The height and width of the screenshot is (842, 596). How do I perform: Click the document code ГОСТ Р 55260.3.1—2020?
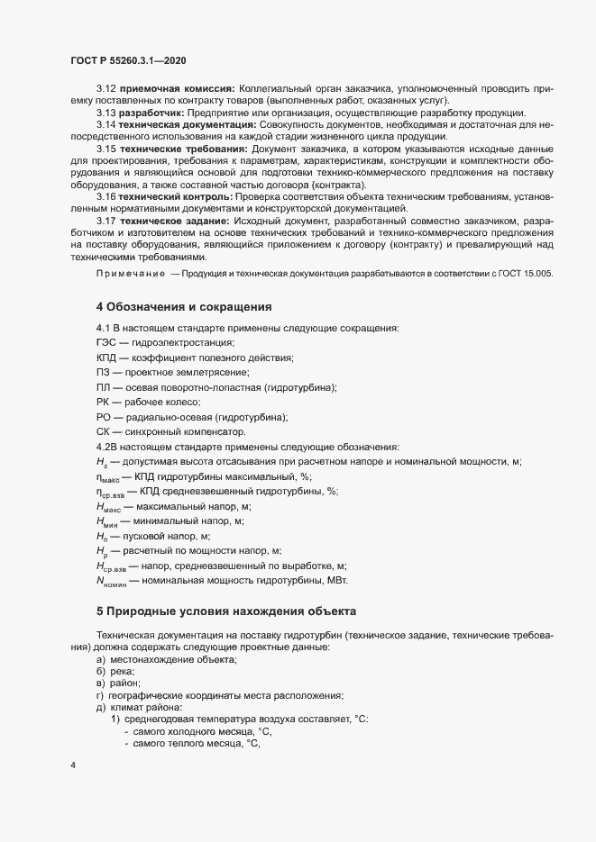pyautogui.click(x=128, y=60)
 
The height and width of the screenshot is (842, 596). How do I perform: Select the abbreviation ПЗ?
pyautogui.click(x=103, y=373)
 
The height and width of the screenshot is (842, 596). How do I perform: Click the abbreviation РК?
pyautogui.click(x=103, y=402)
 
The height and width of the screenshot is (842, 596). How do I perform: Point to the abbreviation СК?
pyautogui.click(x=103, y=432)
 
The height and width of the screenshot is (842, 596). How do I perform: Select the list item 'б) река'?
pyautogui.click(x=115, y=672)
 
